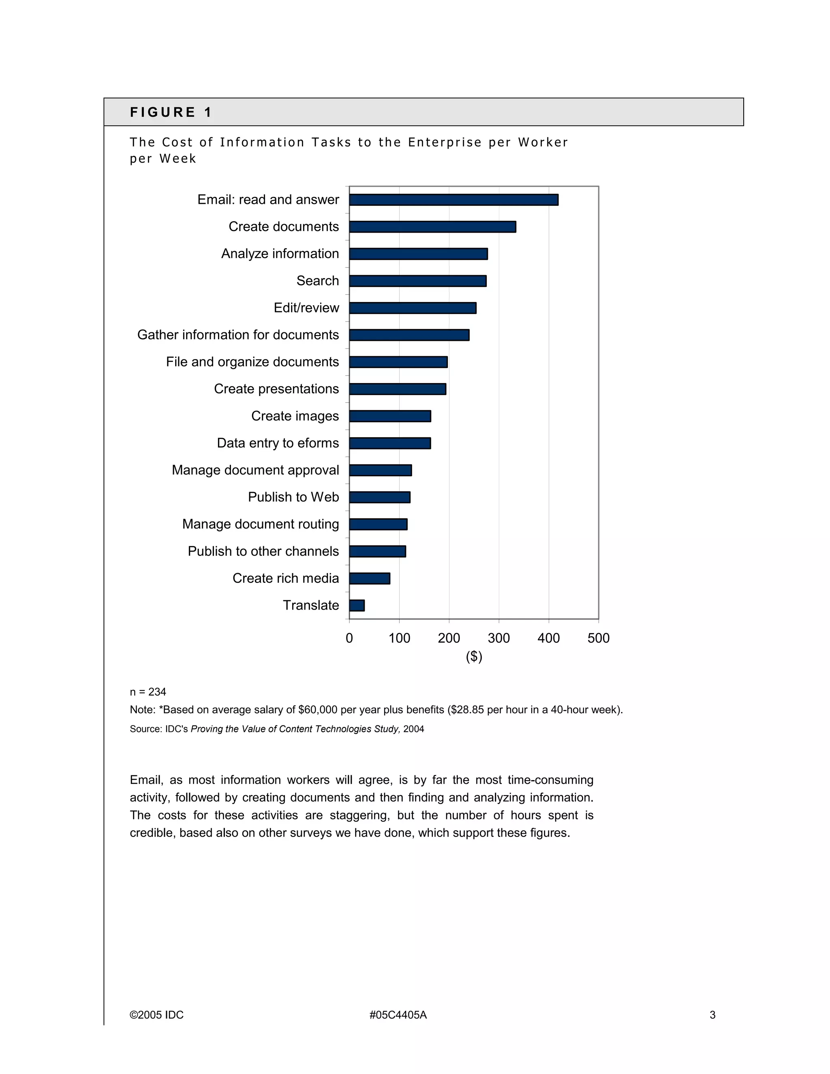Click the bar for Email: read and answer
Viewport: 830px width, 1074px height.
coord(454,200)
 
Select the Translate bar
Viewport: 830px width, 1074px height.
coord(357,605)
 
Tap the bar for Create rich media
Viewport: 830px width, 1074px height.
coord(370,578)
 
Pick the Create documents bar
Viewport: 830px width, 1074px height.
coord(432,227)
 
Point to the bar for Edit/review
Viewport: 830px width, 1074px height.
coord(413,308)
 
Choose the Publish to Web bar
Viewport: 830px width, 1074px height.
coord(380,497)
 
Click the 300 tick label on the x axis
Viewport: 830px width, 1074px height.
coord(498,638)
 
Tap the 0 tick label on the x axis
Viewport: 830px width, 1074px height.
coord(349,638)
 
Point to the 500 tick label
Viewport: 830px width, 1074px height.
coord(599,638)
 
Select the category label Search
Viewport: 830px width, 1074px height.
coord(318,281)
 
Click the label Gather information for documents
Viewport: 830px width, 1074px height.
coord(238,335)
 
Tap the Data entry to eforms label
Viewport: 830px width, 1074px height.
coord(278,443)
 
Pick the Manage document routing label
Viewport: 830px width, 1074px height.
coord(261,524)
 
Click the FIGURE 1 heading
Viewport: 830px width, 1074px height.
coord(171,113)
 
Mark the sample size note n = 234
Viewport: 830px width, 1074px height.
coord(148,692)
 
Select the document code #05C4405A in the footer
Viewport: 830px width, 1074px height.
coord(398,1015)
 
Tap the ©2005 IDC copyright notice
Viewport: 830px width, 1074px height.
coord(156,1015)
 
